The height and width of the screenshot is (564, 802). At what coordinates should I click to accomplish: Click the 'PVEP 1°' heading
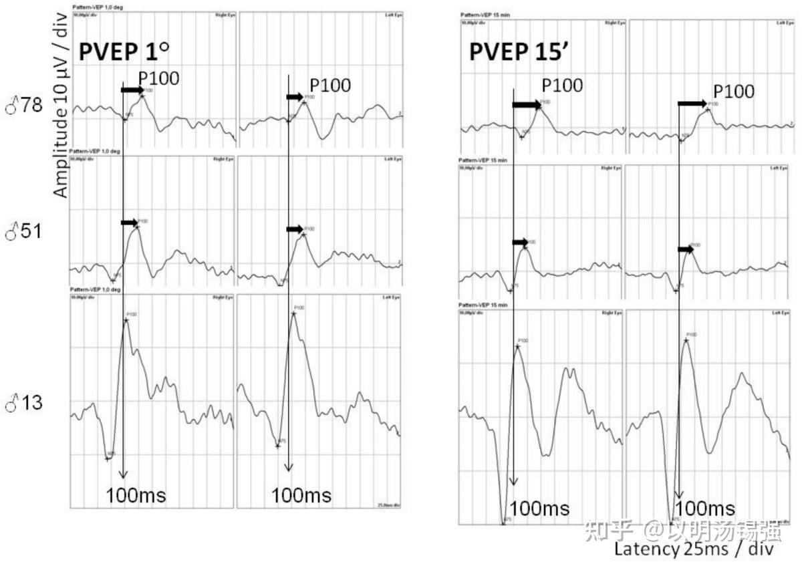[x=125, y=52]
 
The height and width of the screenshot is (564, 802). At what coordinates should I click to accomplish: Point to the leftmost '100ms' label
[x=136, y=495]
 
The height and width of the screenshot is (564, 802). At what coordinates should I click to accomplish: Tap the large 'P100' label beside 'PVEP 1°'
[x=158, y=78]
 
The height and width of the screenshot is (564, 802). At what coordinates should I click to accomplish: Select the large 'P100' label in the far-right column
[x=734, y=92]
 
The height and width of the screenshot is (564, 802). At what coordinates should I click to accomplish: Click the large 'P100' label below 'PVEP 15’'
[x=562, y=86]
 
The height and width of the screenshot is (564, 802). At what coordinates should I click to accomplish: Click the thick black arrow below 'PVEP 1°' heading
[x=132, y=90]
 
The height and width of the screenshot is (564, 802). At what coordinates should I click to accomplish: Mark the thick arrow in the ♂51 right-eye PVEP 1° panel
[x=130, y=223]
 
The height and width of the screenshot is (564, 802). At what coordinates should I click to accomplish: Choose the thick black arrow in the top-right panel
[x=692, y=104]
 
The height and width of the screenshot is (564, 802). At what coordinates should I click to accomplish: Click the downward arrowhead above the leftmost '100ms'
[x=123, y=474]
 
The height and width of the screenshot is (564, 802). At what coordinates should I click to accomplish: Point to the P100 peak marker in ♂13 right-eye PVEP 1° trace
[x=126, y=320]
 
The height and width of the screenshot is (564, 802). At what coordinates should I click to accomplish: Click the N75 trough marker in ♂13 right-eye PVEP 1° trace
[x=107, y=458]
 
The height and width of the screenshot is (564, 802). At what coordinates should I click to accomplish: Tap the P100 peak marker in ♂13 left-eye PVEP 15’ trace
[x=686, y=340]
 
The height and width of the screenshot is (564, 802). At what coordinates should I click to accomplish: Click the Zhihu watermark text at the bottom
[x=682, y=531]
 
